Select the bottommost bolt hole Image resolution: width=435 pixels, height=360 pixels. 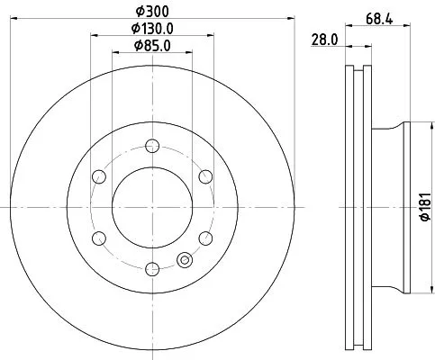152,266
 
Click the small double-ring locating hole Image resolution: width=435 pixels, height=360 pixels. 186,260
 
